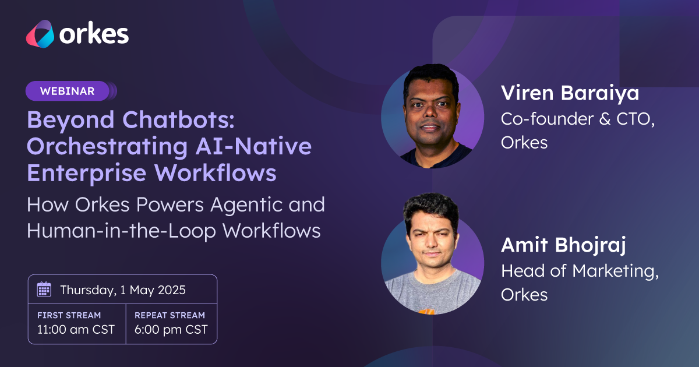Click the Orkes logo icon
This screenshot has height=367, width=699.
(x=40, y=34)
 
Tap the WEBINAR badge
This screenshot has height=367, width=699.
(x=68, y=91)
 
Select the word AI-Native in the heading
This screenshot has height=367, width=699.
(x=253, y=146)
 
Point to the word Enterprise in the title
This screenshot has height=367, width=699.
(x=86, y=174)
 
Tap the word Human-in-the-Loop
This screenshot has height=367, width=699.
(x=121, y=231)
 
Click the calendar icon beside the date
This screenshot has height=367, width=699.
(x=44, y=290)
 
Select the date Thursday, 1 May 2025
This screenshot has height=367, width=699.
(x=123, y=290)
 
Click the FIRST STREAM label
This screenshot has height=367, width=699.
(x=69, y=315)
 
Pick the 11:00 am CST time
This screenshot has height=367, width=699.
(x=76, y=330)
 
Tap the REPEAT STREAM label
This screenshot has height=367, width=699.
(x=170, y=315)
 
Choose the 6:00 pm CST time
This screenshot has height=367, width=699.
(x=171, y=330)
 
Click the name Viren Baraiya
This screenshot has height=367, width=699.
(x=570, y=93)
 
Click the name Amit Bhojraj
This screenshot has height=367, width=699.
(x=563, y=245)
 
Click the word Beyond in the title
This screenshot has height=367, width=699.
(x=70, y=121)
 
